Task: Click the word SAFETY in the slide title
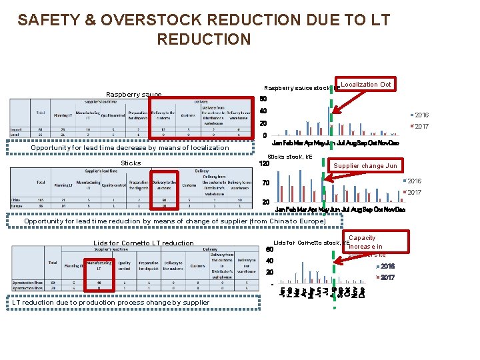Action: pyautogui.click(x=49, y=21)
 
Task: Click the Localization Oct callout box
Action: pyautogui.click(x=366, y=85)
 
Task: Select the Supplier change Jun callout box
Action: pyautogui.click(x=365, y=166)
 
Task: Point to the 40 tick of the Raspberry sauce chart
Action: pyautogui.click(x=263, y=111)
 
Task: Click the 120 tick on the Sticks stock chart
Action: pyautogui.click(x=264, y=163)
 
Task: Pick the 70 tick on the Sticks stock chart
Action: pyautogui.click(x=265, y=183)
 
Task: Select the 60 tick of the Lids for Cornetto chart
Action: pyautogui.click(x=269, y=249)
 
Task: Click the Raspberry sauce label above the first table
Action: pyautogui.click(x=134, y=95)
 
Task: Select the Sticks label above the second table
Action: pyautogui.click(x=131, y=163)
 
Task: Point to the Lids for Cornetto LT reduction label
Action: pyautogui.click(x=144, y=243)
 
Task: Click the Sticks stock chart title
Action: pyautogui.click(x=295, y=157)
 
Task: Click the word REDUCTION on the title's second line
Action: pyautogui.click(x=203, y=39)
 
